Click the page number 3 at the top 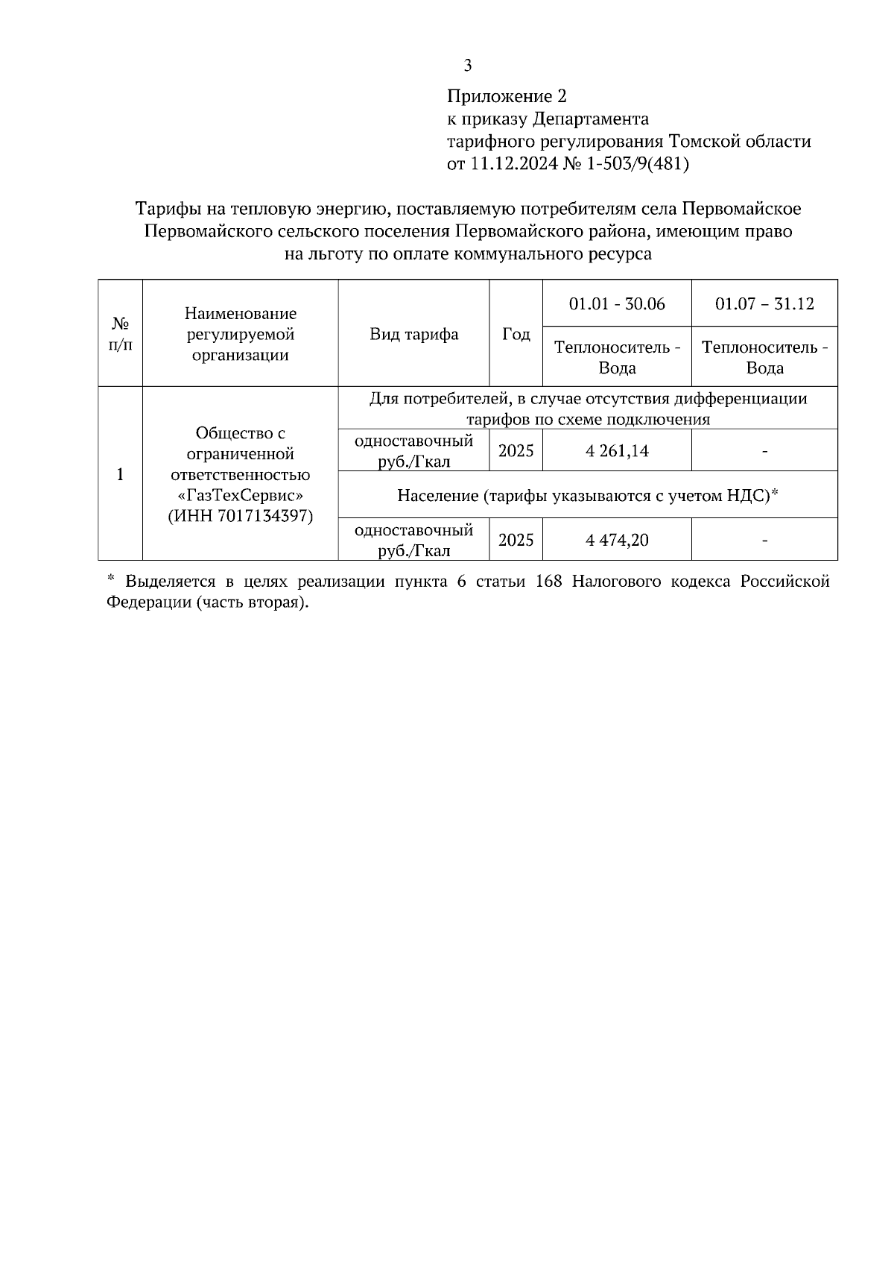[x=467, y=66]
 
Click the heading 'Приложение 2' [x=507, y=97]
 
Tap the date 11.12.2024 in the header [x=513, y=164]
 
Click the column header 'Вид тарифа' [x=413, y=334]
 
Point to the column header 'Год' [x=516, y=334]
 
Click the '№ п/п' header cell [x=120, y=334]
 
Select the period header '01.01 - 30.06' [x=617, y=304]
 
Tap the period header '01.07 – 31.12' [x=764, y=304]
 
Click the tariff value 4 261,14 [x=617, y=451]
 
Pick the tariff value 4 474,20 [x=617, y=540]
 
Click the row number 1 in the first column [x=120, y=474]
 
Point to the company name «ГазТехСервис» [x=241, y=495]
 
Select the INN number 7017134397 [x=266, y=516]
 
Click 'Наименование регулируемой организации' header [x=241, y=334]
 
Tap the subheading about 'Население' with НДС [x=588, y=495]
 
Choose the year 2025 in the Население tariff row [x=516, y=540]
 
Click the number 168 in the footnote [x=548, y=582]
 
